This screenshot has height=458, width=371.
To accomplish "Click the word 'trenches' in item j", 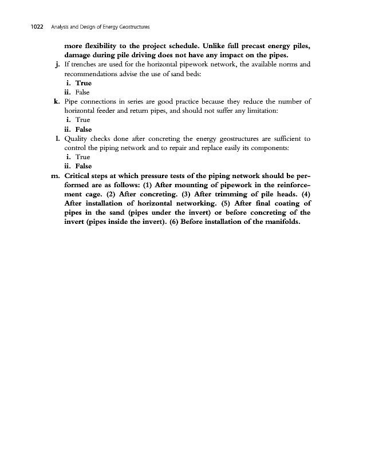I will coord(85,65).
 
